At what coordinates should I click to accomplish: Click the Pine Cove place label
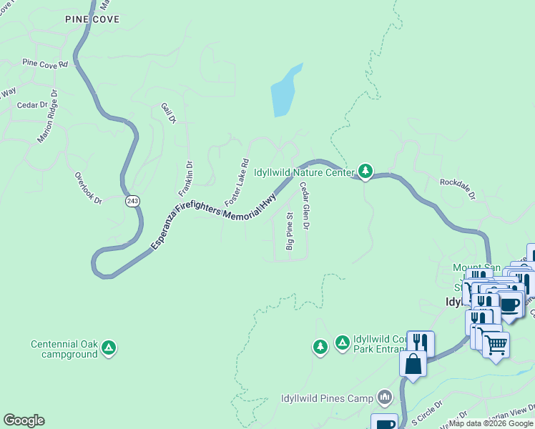tap(92, 19)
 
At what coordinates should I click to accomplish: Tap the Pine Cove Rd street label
tap(44, 64)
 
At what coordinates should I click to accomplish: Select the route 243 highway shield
tap(132, 201)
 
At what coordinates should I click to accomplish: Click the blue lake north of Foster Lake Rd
tap(285, 92)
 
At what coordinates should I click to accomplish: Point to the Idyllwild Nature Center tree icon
tap(365, 171)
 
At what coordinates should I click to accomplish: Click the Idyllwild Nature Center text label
tap(304, 172)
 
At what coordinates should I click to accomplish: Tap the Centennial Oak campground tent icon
tap(108, 348)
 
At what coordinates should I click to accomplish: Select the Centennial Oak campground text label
tap(64, 349)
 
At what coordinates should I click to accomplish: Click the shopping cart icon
tap(495, 345)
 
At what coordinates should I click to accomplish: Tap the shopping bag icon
tap(414, 363)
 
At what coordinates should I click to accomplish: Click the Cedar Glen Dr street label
tap(304, 207)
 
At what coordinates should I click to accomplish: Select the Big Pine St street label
tap(290, 231)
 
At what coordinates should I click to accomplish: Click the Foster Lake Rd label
tap(237, 182)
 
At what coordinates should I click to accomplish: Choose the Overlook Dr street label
tap(89, 188)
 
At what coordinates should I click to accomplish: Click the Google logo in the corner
tap(24, 420)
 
